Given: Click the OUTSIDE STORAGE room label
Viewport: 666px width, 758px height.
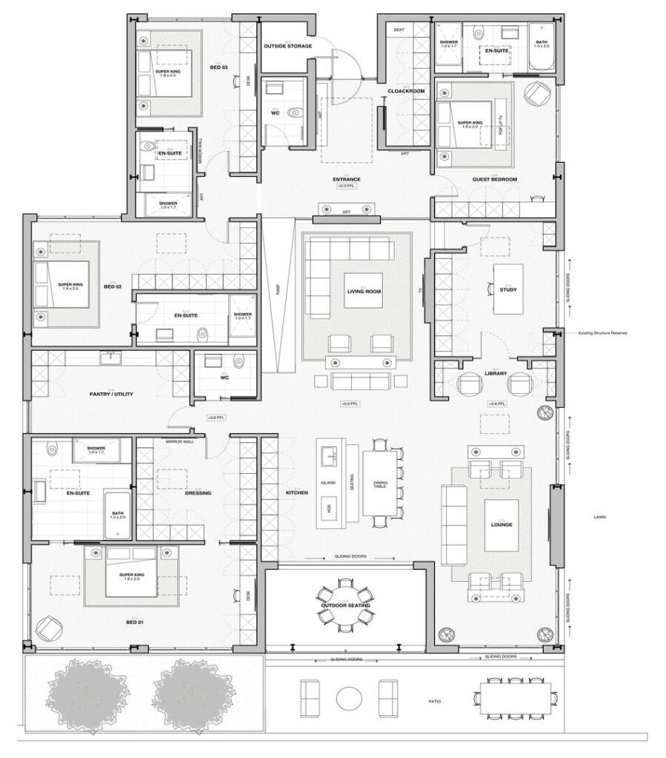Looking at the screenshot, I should [288, 46].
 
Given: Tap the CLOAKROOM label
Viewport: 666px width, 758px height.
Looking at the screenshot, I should [406, 91].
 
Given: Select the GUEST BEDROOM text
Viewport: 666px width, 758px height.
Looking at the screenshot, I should [495, 180].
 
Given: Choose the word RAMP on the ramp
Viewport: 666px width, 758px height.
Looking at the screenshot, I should [279, 292].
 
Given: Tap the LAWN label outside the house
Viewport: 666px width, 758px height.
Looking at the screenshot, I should [599, 517].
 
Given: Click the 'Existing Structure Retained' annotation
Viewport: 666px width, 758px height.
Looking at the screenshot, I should [603, 333].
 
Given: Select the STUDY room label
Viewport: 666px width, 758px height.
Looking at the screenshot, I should [507, 289].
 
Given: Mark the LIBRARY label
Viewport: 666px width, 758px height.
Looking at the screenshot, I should [496, 373].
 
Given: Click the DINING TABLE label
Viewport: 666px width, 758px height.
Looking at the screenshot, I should [379, 483].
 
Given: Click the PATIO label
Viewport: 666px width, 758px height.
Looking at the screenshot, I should [434, 702].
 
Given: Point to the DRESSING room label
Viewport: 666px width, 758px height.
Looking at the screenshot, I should [198, 493].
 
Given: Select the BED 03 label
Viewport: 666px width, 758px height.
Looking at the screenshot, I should [219, 67].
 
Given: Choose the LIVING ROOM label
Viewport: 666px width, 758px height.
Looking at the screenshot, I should [364, 291].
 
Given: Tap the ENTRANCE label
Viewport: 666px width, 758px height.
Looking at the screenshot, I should [346, 180].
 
